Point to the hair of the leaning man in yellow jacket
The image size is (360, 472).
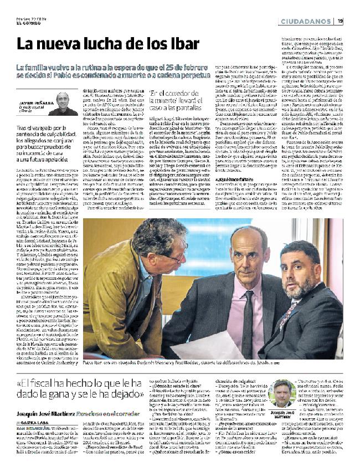click(158, 238)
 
